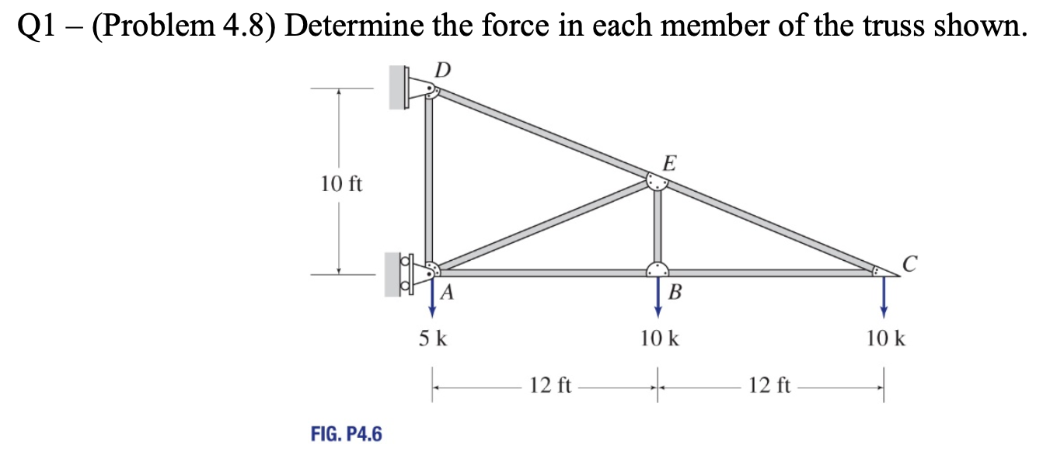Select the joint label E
tap(670, 163)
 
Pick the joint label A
tap(448, 293)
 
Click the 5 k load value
tap(432, 339)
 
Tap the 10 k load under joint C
tap(884, 339)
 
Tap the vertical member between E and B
tap(658, 227)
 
